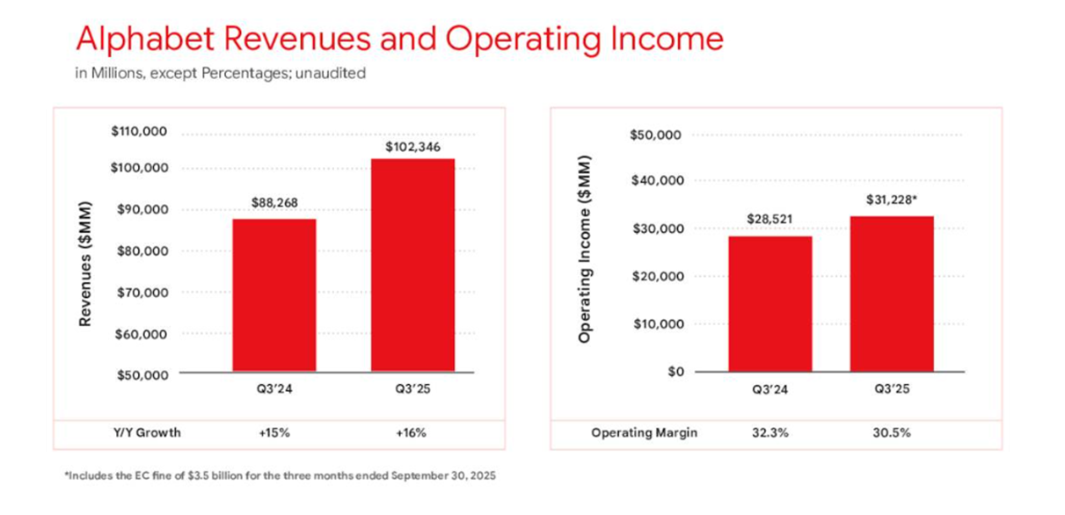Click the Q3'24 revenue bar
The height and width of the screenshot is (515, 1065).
[x=274, y=294]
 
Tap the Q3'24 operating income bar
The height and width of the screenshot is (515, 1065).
[x=770, y=303]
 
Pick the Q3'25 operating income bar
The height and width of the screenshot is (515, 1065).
[x=891, y=294]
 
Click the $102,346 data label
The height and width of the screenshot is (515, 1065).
[x=413, y=146]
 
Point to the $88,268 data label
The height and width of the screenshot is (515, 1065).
[x=274, y=203]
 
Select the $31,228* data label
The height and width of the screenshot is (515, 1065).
[x=892, y=200]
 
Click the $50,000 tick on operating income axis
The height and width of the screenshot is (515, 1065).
[x=657, y=135]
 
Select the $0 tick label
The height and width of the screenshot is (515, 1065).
[x=675, y=372]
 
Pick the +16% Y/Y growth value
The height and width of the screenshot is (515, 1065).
[x=412, y=433]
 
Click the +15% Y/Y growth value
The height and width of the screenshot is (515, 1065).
[x=273, y=433]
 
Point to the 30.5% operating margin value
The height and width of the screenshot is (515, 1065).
[x=891, y=433]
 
